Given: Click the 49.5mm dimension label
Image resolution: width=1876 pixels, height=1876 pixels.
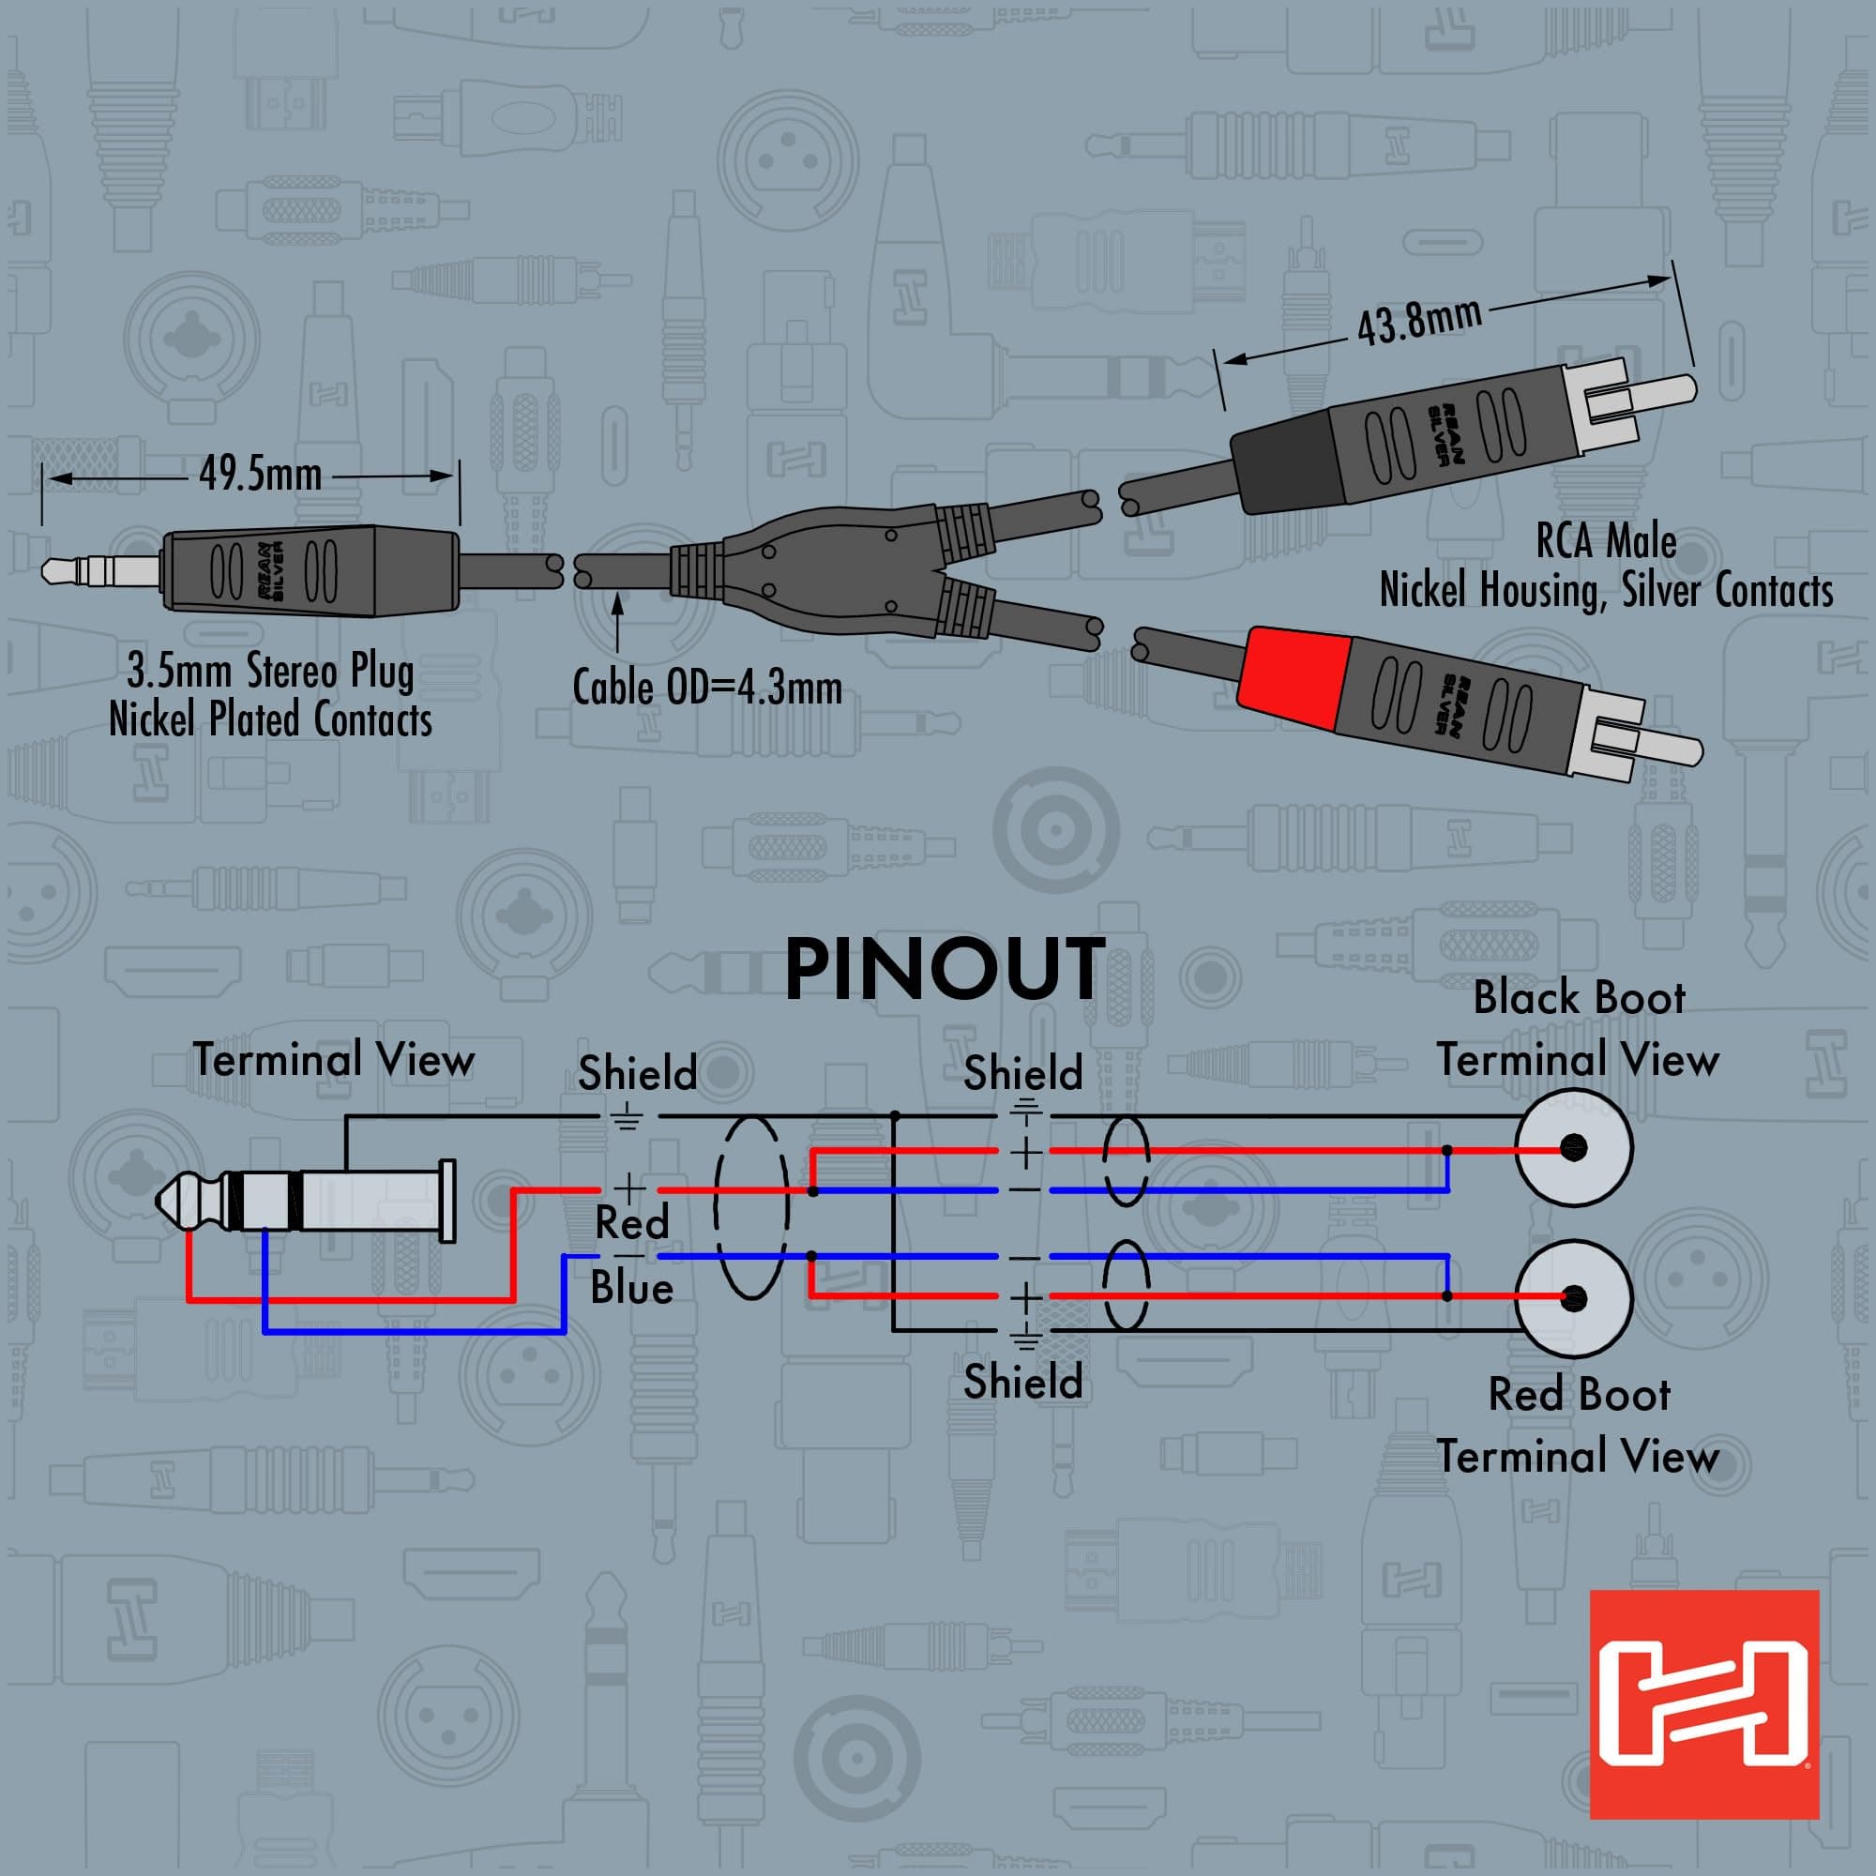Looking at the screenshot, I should [260, 475].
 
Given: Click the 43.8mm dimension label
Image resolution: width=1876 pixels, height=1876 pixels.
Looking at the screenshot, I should [1418, 322].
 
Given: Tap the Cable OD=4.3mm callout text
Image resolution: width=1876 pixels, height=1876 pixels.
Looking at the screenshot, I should [707, 688].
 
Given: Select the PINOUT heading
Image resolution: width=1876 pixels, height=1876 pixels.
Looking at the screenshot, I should [944, 970].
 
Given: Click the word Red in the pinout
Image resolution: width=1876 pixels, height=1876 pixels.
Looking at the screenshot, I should [632, 1222].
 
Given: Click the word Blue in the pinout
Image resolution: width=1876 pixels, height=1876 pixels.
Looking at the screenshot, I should [632, 1289].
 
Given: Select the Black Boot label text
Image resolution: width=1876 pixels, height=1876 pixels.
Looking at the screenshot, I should [1579, 998].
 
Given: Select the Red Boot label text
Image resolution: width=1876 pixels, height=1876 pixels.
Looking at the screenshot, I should [1579, 1396].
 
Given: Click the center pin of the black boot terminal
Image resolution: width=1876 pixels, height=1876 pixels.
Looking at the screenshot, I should [1573, 1148].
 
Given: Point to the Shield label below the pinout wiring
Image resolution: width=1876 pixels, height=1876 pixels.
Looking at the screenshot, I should [1022, 1382].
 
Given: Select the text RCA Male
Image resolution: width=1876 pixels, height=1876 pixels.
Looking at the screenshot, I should [1606, 541].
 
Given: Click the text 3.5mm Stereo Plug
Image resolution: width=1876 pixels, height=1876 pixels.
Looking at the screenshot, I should [270, 671].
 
